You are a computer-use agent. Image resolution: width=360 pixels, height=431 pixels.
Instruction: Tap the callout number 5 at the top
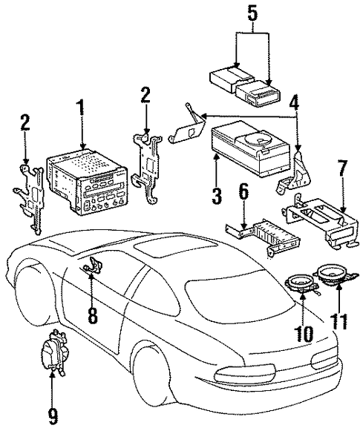(253, 13)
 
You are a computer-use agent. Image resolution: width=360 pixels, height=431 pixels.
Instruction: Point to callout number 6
(243, 193)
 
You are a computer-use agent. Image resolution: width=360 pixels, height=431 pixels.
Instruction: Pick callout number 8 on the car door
(92, 315)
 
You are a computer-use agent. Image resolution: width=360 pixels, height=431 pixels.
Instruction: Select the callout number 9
(53, 418)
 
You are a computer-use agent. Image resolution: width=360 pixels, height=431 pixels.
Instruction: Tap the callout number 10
(303, 334)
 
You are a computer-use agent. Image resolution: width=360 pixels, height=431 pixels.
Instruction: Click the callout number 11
(339, 321)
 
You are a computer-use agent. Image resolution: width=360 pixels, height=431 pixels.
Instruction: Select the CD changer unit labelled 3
(250, 148)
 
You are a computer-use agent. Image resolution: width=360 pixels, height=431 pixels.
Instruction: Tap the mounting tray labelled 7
(321, 220)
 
